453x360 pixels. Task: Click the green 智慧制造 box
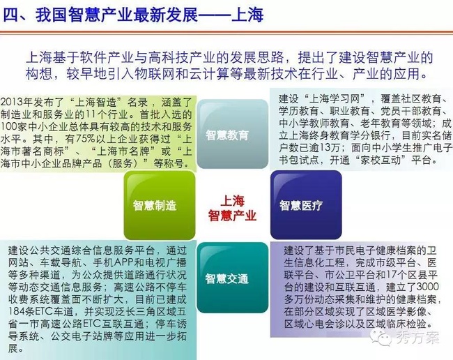point(160,205)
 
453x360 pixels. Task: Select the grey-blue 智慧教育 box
point(233,134)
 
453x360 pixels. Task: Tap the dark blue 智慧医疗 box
point(306,204)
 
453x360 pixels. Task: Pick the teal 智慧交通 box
point(233,278)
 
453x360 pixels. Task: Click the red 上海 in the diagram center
point(233,201)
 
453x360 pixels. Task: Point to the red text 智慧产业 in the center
point(232,216)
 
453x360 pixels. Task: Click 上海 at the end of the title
point(247,15)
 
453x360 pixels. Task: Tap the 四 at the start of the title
point(10,15)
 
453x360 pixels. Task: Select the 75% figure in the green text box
point(85,139)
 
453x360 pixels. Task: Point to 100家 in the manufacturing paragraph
point(10,127)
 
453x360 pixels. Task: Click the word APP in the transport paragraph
point(124,262)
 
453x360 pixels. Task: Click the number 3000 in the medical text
point(427,287)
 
